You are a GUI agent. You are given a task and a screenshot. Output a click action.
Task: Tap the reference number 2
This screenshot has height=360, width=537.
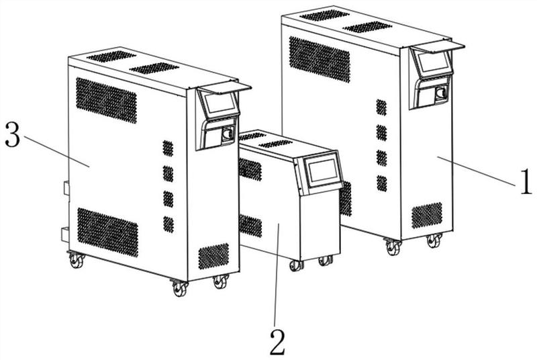click(277, 343)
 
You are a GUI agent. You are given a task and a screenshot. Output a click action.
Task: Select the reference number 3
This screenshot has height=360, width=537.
click(13, 135)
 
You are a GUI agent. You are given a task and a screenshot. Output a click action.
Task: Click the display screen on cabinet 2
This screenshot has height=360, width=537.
click(323, 171)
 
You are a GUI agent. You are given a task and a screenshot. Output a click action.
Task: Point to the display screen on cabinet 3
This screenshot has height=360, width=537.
click(220, 102)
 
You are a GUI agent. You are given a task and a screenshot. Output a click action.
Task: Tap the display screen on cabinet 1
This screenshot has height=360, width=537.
click(434, 61)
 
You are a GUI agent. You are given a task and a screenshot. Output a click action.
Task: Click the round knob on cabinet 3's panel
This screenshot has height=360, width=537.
click(228, 133)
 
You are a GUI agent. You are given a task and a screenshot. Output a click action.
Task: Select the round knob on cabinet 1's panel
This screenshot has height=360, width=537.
click(441, 93)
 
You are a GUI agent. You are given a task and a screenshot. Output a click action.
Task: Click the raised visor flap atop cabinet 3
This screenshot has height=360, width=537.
click(224, 88)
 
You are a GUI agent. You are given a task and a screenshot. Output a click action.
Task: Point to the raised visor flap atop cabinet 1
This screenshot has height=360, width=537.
click(438, 47)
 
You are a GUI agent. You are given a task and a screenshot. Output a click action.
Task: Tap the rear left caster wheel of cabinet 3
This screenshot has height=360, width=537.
click(77, 261)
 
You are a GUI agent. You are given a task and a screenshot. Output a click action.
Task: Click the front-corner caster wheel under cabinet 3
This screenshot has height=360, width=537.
click(180, 288)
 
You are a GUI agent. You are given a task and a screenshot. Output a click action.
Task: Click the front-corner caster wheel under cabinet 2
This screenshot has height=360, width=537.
click(295, 265)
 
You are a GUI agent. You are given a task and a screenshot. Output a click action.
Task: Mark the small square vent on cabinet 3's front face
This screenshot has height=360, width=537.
click(213, 256)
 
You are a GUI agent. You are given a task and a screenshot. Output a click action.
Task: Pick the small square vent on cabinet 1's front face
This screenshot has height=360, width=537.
click(427, 216)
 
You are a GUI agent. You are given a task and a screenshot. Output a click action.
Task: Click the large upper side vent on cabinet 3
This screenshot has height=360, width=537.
click(106, 100)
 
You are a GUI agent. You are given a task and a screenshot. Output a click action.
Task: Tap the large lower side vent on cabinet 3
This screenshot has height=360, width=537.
click(107, 232)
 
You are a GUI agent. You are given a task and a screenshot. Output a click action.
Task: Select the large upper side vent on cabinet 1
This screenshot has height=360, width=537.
click(320, 59)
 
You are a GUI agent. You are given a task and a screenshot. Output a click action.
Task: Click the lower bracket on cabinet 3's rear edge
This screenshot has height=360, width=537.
click(65, 235)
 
